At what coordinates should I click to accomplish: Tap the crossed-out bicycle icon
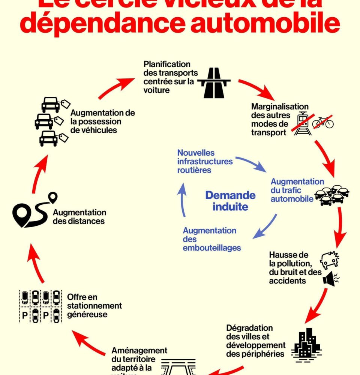click(323, 122)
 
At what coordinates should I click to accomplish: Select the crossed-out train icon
click(302, 123)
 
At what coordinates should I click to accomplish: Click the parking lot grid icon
click(40, 306)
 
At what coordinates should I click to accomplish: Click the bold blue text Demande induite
click(230, 201)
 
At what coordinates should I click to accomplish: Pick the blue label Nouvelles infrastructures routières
click(205, 161)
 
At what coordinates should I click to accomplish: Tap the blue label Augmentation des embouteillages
click(211, 239)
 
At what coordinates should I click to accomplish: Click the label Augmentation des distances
click(79, 217)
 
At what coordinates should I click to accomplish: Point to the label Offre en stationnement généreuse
click(94, 306)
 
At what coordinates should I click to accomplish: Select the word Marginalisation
click(280, 107)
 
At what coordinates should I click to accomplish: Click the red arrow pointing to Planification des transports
click(117, 88)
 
